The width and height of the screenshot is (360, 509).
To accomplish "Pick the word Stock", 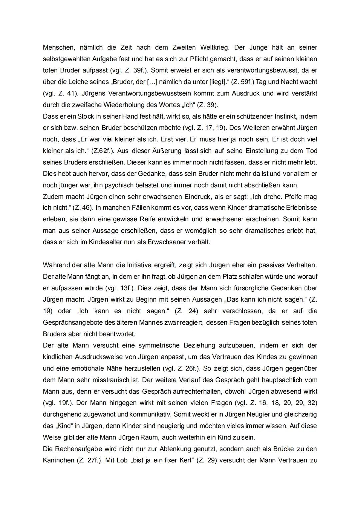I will click(86, 117).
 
